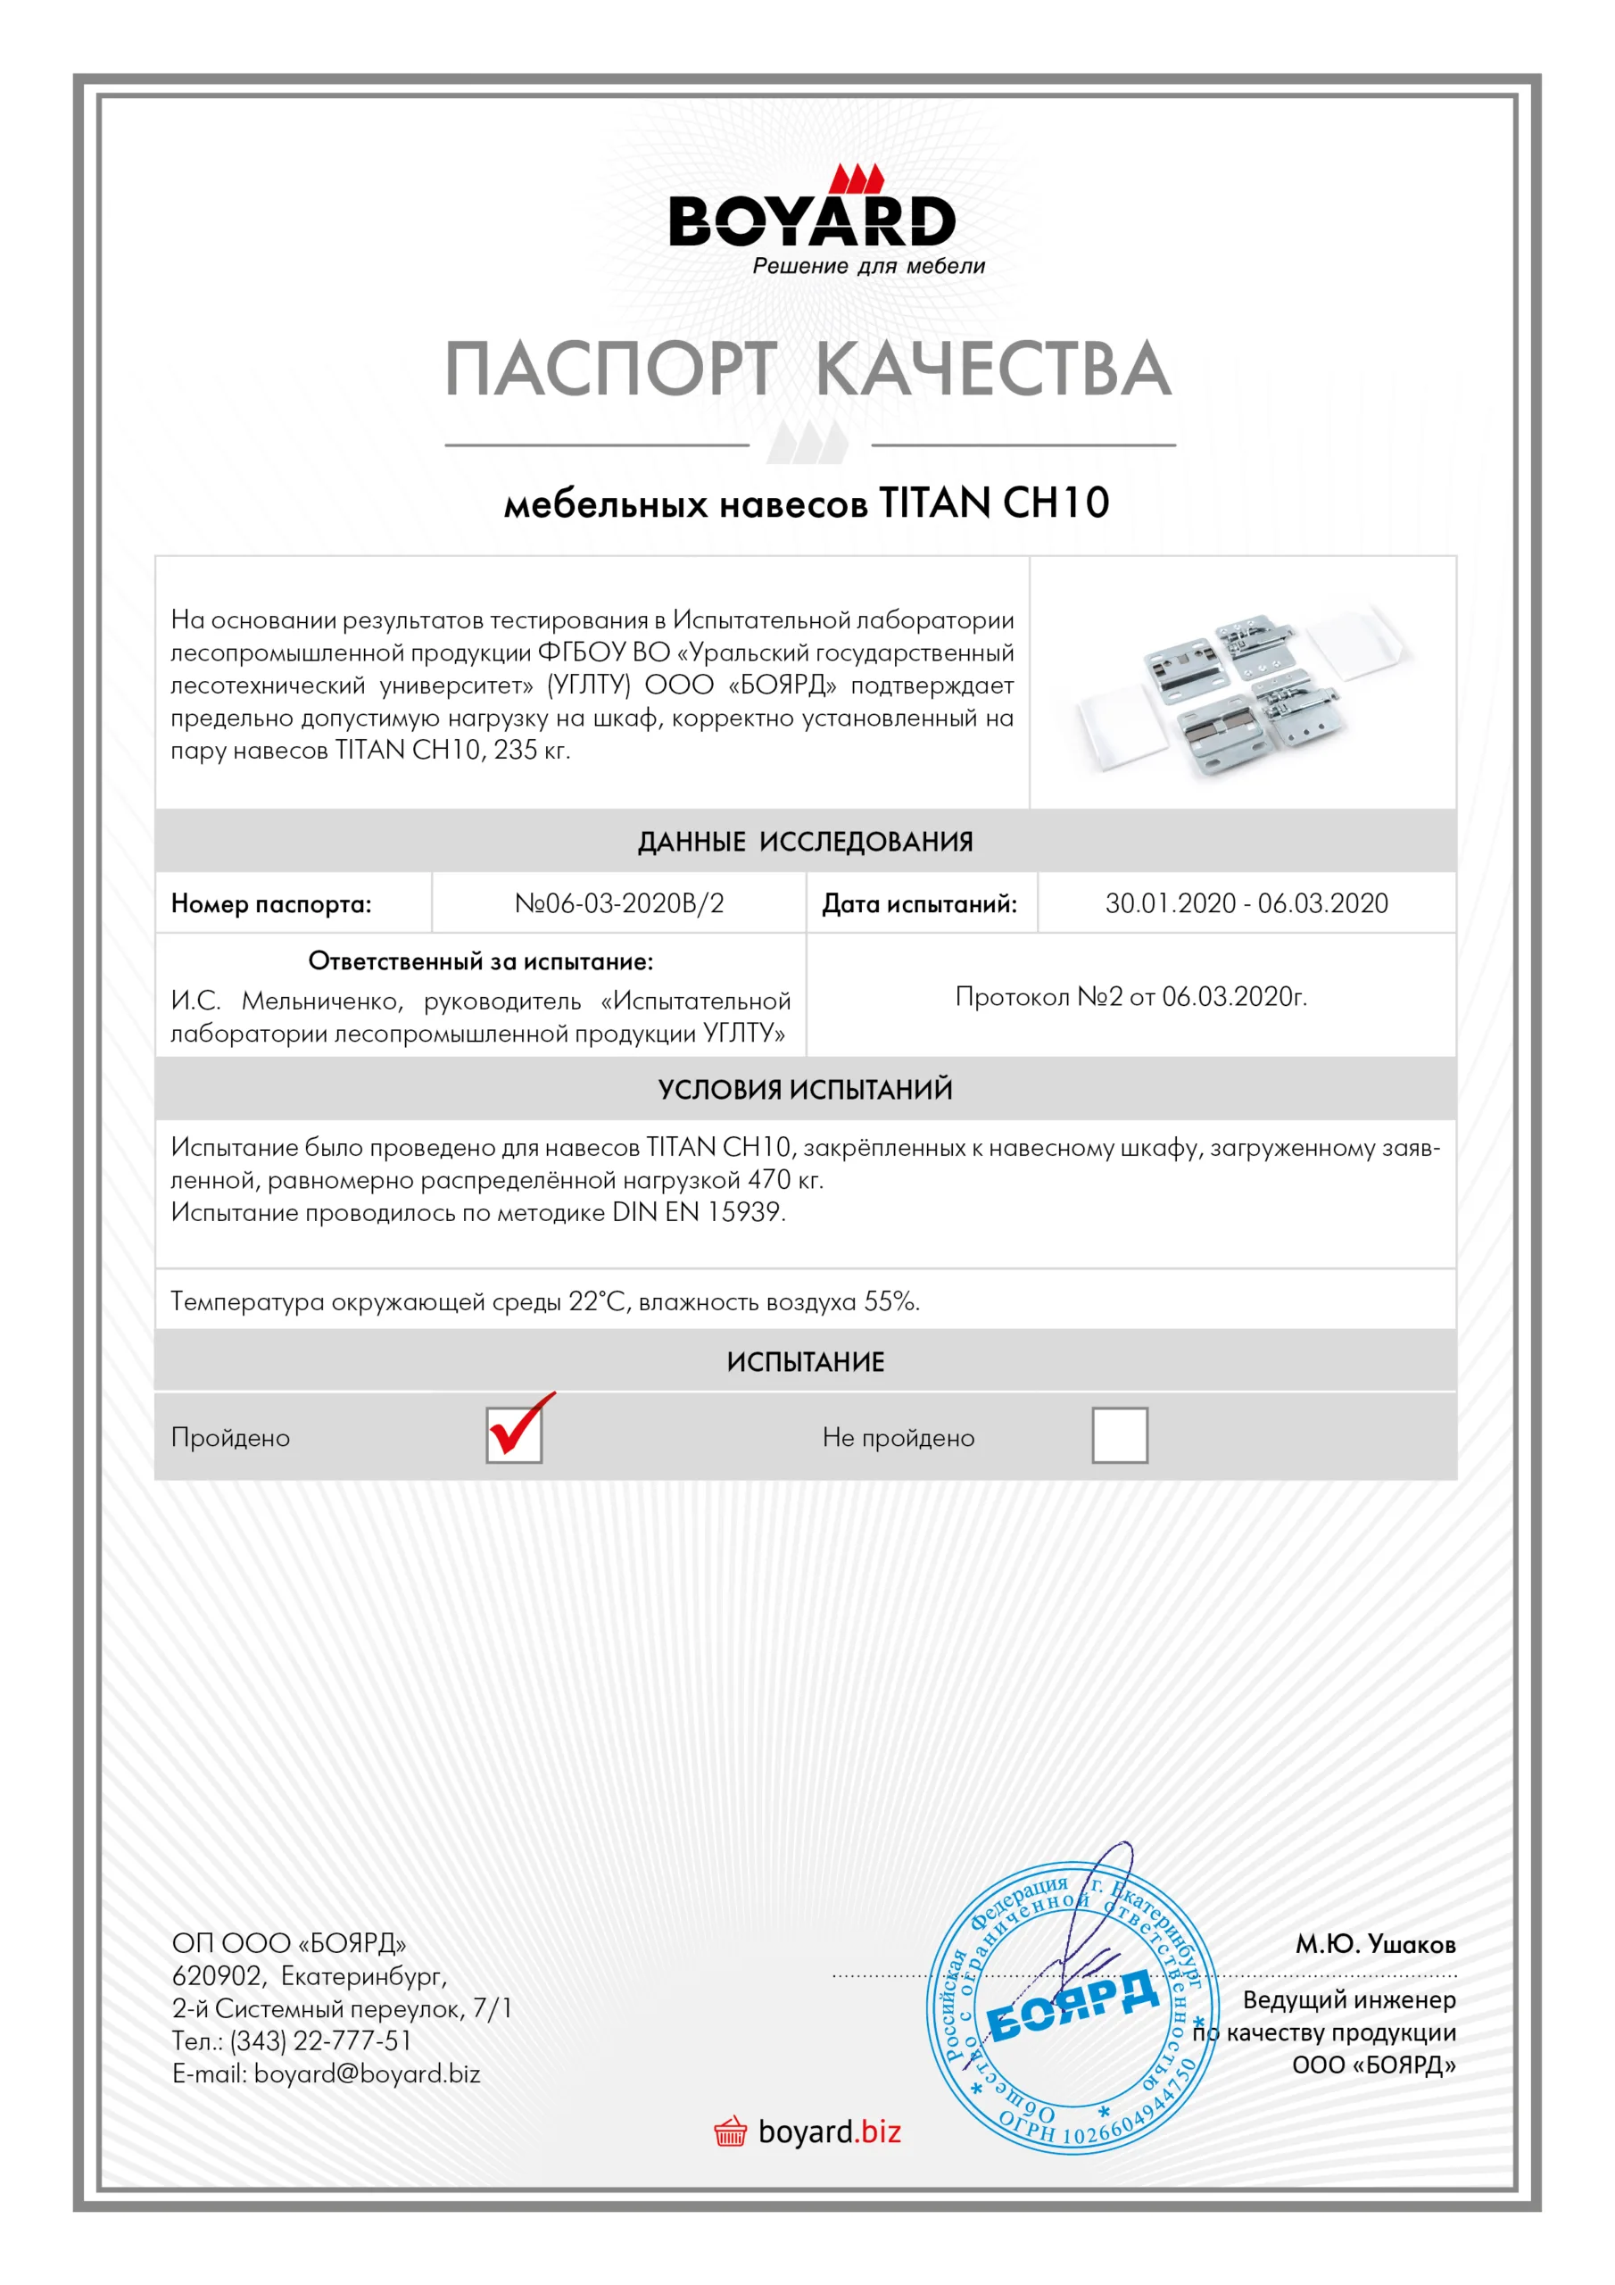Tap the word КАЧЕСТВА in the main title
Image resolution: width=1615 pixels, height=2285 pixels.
993,370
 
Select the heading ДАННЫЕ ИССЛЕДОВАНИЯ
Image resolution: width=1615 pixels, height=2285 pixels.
805,842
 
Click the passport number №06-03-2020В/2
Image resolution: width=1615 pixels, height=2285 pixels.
619,903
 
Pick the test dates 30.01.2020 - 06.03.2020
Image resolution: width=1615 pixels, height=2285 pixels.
1246,903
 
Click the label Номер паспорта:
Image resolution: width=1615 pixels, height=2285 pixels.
270,905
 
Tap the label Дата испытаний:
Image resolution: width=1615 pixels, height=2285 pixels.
918,905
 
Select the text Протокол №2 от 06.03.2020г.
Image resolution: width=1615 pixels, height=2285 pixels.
1130,996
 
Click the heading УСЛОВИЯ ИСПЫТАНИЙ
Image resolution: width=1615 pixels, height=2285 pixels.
805,1090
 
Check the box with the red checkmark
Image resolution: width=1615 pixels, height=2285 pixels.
513,1435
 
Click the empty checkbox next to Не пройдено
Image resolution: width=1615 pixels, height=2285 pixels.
1120,1435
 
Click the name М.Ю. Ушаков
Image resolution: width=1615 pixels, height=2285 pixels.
1374,1945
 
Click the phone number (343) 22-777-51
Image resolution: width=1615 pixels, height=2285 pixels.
320,2041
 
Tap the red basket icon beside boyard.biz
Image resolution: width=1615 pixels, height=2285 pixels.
731,2132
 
